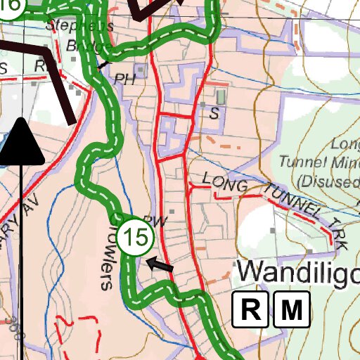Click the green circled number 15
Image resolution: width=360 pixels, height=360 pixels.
click(135, 238)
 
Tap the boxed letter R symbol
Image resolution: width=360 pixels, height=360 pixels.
click(250, 309)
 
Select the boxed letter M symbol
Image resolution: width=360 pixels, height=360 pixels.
click(292, 309)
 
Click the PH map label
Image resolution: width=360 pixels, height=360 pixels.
click(124, 77)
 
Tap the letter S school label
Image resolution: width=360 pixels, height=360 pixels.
click(214, 112)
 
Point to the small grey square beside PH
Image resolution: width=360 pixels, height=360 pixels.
click(141, 70)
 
